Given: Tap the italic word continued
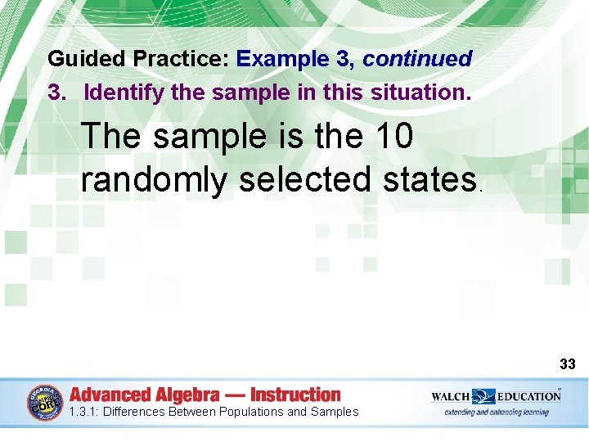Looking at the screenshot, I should (x=417, y=60).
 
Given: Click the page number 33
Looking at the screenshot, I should (x=568, y=363).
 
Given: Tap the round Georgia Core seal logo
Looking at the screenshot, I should (x=45, y=404).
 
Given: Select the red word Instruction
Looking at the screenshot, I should (x=295, y=395).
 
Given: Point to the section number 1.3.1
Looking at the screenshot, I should (x=83, y=412).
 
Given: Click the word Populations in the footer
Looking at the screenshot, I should (x=245, y=412).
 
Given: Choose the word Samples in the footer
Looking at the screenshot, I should (x=335, y=412).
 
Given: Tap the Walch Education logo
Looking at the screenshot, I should (x=496, y=396).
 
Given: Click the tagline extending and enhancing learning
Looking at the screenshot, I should (x=496, y=413).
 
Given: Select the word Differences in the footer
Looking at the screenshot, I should (x=134, y=412).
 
